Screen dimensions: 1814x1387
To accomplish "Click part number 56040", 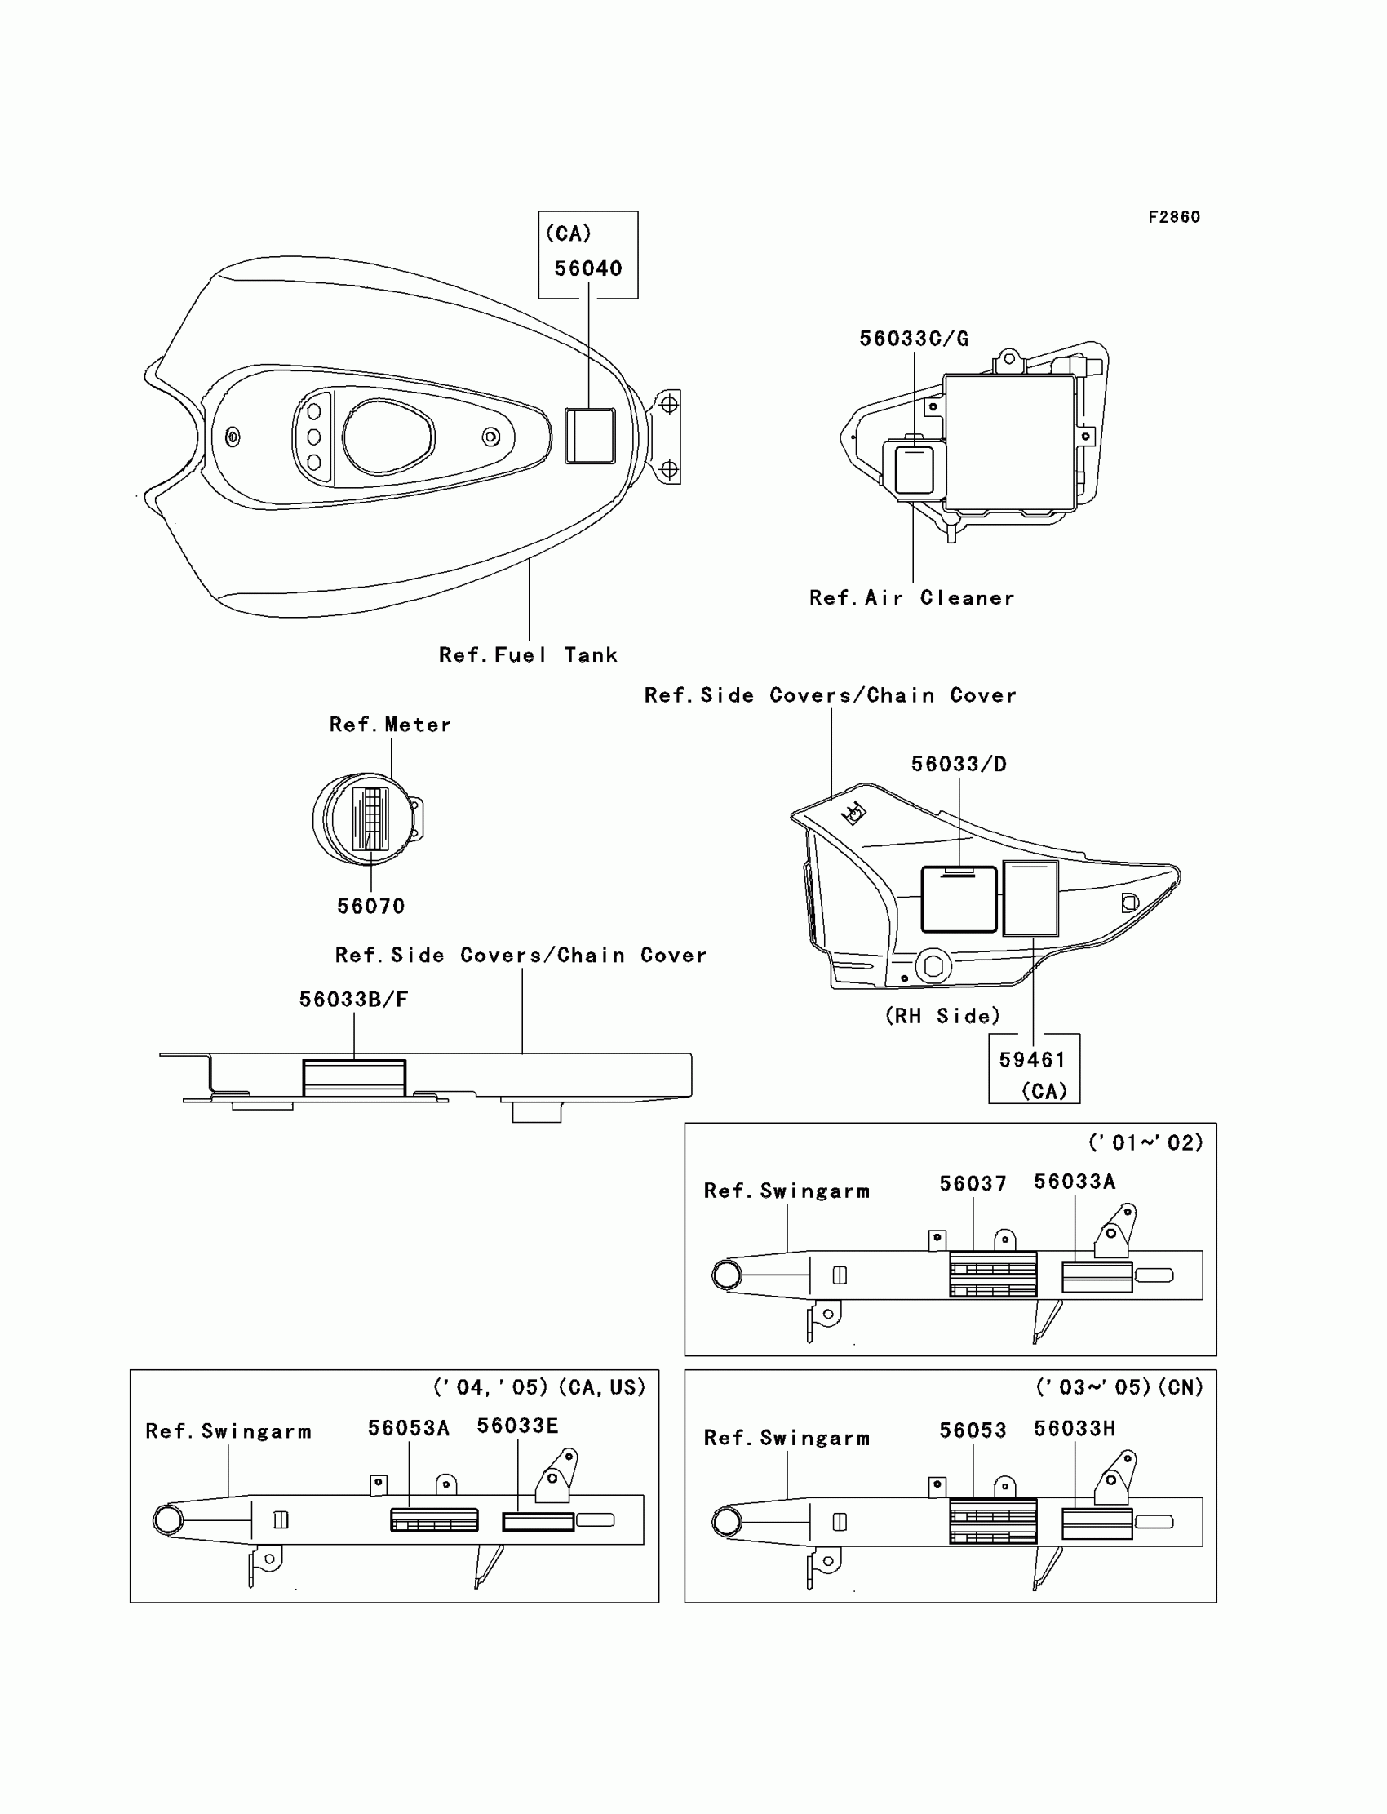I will coord(587,268).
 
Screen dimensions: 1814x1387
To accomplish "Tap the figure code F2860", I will coord(1173,217).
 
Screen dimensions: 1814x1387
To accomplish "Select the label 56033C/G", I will coord(913,339).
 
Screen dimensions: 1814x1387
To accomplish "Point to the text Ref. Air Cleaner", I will coord(911,598).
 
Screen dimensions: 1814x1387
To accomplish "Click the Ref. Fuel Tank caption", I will coord(528,654).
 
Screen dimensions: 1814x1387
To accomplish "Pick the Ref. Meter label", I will coord(390,725).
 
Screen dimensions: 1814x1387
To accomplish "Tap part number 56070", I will coord(370,907).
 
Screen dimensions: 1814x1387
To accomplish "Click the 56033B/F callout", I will coord(353,1000).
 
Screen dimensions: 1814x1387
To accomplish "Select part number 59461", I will coord(1032,1060).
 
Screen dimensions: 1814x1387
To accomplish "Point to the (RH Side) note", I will coord(942,1017).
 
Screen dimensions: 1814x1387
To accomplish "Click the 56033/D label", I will coord(959,765).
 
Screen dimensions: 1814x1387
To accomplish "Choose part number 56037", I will coord(973,1184).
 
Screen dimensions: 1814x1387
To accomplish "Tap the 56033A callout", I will coord(1074,1182).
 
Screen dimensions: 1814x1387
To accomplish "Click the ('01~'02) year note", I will coord(1145,1143).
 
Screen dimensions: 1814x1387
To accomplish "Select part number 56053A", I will coord(409,1428).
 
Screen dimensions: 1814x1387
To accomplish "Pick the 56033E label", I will coord(517,1426).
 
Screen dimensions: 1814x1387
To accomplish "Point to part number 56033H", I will coord(1074,1429).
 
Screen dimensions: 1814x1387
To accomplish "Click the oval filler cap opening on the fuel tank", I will coord(388,437).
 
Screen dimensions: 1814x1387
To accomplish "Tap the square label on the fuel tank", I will coord(589,435).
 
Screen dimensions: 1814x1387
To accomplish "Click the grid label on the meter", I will coord(370,819).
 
